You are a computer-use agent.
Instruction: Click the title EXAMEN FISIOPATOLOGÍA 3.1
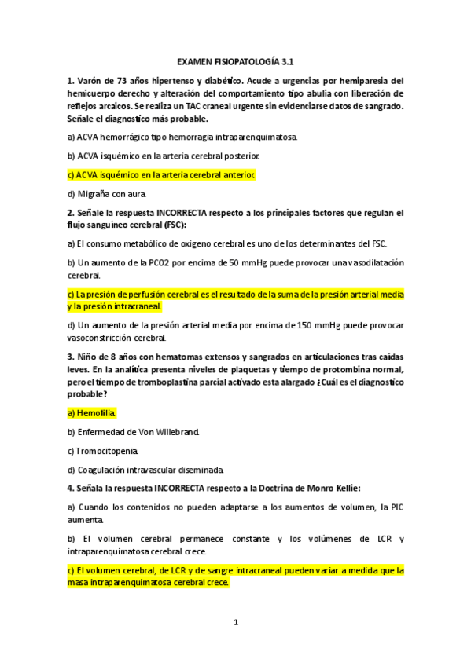[x=235, y=60]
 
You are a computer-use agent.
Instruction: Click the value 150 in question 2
[x=287, y=324]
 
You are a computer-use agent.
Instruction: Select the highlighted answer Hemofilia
[x=96, y=412]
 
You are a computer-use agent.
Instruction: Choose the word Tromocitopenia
[x=108, y=451]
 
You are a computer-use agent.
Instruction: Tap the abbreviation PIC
[x=395, y=507]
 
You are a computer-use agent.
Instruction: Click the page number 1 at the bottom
[x=235, y=623]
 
